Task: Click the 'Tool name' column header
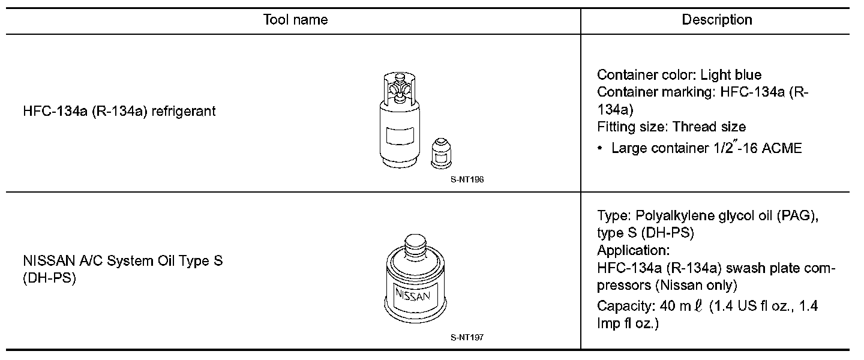[x=295, y=20]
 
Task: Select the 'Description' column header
[x=717, y=20]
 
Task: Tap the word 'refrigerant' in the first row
[x=184, y=111]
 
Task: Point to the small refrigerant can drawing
[x=441, y=154]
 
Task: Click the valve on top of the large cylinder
[x=399, y=89]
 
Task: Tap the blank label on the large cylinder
[x=400, y=136]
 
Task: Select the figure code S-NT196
[x=467, y=179]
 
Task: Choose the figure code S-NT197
[x=467, y=337]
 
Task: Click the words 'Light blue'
[x=731, y=74]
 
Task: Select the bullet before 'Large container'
[x=600, y=149]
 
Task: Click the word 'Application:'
[x=634, y=250]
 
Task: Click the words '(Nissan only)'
[x=697, y=285]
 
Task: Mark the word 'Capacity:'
[x=626, y=306]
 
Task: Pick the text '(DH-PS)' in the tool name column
[x=49, y=278]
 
